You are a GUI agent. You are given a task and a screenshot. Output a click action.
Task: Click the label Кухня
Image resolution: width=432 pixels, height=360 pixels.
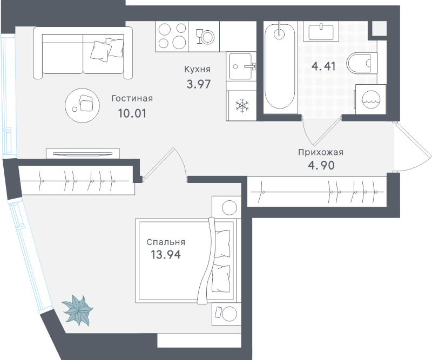[197, 70]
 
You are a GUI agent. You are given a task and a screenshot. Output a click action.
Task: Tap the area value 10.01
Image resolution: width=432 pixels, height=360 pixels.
[132, 113]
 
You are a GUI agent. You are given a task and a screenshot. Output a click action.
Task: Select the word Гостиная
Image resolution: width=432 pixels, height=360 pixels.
[132, 98]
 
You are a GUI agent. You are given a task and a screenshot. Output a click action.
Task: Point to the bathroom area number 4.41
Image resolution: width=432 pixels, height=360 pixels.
[323, 66]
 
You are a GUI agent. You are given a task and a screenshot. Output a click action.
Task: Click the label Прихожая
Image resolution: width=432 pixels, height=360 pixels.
[321, 152]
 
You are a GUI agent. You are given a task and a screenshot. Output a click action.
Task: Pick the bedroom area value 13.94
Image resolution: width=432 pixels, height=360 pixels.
[166, 255]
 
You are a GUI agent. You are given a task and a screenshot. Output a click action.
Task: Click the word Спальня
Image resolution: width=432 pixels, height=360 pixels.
[166, 242]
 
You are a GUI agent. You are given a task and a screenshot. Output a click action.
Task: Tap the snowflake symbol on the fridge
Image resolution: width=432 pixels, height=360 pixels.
[242, 105]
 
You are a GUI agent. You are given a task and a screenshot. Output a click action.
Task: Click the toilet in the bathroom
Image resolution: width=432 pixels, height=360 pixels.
[362, 63]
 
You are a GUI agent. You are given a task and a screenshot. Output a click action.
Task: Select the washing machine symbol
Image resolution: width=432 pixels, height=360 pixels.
[371, 99]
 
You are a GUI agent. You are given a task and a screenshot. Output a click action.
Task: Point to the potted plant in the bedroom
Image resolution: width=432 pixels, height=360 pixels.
[77, 310]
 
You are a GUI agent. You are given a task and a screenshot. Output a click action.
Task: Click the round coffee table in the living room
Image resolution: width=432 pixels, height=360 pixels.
[82, 105]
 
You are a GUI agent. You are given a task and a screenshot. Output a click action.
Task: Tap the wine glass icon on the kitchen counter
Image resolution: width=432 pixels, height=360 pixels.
[199, 36]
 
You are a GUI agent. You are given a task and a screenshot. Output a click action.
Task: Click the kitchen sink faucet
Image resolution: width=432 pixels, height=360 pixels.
[251, 66]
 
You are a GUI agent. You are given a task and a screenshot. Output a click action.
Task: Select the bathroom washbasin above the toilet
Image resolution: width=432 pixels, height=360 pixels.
[321, 31]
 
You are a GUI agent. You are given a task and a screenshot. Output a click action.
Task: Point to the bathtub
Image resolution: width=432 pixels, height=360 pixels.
[280, 66]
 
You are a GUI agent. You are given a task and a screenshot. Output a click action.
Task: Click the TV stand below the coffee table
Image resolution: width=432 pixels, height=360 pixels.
[83, 153]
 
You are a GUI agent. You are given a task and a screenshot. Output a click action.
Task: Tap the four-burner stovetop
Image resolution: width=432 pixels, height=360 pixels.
[172, 36]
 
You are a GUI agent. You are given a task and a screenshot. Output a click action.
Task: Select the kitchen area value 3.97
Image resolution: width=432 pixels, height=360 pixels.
[199, 84]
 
